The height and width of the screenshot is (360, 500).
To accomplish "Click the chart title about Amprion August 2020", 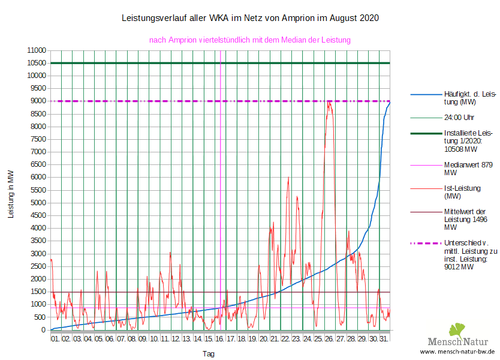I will (x=250, y=18).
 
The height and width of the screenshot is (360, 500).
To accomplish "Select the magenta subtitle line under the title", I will (x=249, y=40).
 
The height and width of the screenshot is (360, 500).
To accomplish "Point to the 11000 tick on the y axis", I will (x=37, y=50).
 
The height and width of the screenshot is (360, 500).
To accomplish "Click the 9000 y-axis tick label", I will (x=37, y=101).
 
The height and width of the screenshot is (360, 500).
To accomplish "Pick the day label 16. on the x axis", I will (x=220, y=340).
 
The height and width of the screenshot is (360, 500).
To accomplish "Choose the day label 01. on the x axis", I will (x=56, y=340).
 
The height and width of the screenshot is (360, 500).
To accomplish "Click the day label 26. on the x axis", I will (x=329, y=340).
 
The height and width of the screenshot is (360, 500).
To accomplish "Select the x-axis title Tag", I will (x=209, y=354).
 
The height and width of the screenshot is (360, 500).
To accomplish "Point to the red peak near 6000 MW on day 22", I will (x=288, y=178).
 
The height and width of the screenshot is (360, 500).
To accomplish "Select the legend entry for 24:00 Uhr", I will (x=459, y=117).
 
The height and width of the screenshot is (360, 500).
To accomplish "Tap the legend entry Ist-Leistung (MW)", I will (x=462, y=192).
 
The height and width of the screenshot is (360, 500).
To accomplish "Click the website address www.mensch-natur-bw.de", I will (x=457, y=351).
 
